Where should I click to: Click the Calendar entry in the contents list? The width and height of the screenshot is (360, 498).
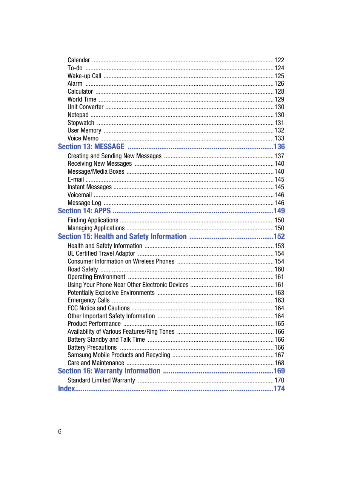tap(78, 60)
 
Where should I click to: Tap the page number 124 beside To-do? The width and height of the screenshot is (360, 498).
tap(279, 68)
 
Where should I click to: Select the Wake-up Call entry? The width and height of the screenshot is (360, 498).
tap(84, 76)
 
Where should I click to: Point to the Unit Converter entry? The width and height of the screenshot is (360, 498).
tap(85, 107)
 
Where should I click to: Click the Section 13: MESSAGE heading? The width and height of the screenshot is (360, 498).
tap(91, 147)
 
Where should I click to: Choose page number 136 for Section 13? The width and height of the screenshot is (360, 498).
tap(279, 147)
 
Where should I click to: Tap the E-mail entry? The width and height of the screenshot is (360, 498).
tap(75, 180)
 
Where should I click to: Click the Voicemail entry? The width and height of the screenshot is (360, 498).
tap(80, 195)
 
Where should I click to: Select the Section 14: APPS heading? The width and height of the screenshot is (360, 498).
tap(84, 211)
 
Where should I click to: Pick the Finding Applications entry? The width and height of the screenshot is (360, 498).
tap(93, 220)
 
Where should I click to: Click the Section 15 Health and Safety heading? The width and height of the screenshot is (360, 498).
tap(122, 237)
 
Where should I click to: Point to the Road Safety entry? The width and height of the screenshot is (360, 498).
tap(83, 270)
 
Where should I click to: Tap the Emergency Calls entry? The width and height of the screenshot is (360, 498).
tap(88, 301)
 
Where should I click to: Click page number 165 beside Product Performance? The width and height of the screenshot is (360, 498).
tap(279, 324)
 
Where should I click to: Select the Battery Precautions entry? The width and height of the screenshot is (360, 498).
tap(92, 347)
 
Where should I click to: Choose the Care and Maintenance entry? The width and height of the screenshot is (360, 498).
tap(96, 363)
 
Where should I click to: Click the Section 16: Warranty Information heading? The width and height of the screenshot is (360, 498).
tap(109, 371)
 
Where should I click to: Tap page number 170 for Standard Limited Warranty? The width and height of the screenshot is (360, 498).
tap(279, 381)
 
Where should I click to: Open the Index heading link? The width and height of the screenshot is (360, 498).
tap(66, 389)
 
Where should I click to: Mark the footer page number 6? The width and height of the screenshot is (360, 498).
tap(60, 432)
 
